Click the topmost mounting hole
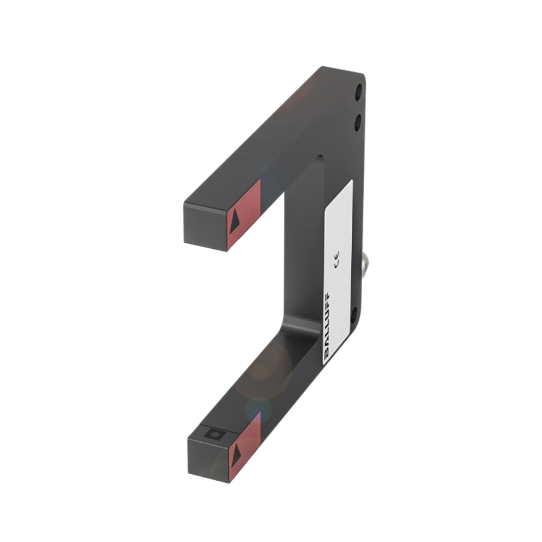coord(358,92)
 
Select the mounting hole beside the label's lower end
coord(354,315)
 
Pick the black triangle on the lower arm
coord(235,456)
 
